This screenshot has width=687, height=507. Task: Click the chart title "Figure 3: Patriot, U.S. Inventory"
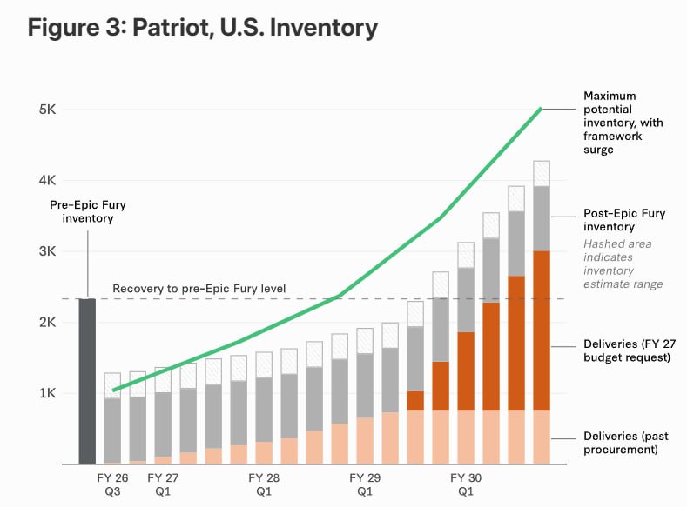click(202, 28)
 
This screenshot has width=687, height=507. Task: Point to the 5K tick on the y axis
click(47, 109)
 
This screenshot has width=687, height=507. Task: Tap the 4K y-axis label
click(47, 180)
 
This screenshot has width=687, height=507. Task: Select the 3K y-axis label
click(47, 251)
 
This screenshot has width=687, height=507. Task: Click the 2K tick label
click(47, 323)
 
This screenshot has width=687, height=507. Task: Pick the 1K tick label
click(47, 393)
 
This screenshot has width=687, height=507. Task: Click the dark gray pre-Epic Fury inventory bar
click(87, 381)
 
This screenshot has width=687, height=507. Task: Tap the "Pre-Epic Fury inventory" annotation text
click(88, 211)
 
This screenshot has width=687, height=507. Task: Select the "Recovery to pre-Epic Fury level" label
click(199, 288)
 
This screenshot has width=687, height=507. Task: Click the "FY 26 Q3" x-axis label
click(112, 484)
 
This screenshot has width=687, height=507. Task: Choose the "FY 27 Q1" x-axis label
click(163, 484)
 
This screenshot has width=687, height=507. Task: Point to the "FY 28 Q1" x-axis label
click(264, 484)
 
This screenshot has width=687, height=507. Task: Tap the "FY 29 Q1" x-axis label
click(365, 484)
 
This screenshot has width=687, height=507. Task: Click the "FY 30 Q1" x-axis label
click(466, 484)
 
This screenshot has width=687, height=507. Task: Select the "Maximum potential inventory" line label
click(623, 123)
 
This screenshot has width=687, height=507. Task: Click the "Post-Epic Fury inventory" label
click(624, 220)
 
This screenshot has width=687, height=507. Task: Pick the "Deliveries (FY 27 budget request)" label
click(630, 350)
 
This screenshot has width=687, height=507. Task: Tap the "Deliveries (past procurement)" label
click(626, 443)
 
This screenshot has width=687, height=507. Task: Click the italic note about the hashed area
click(623, 264)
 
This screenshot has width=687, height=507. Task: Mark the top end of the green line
click(541, 109)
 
